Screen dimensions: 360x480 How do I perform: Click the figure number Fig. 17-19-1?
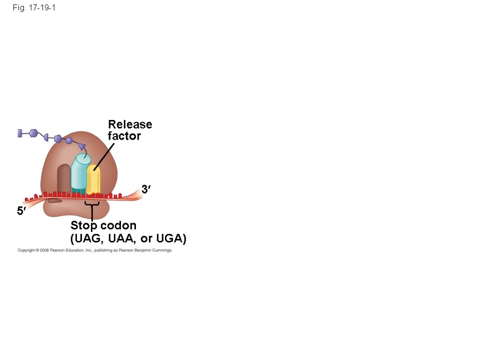click(34, 8)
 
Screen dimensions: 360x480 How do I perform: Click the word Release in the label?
click(130, 125)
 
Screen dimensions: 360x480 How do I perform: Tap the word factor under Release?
click(124, 136)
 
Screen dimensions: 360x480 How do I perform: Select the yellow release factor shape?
click(93, 180)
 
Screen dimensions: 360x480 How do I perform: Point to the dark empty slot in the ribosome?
click(63, 179)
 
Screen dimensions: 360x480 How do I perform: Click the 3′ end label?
click(146, 189)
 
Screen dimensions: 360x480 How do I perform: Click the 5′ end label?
click(22, 211)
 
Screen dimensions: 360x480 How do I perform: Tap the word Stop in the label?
click(84, 226)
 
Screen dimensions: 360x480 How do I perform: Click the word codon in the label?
click(118, 226)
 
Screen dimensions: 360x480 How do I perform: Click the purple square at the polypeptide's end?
click(20, 133)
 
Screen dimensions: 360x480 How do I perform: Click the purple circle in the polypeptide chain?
click(69, 140)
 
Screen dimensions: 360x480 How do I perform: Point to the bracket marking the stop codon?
click(92, 204)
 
